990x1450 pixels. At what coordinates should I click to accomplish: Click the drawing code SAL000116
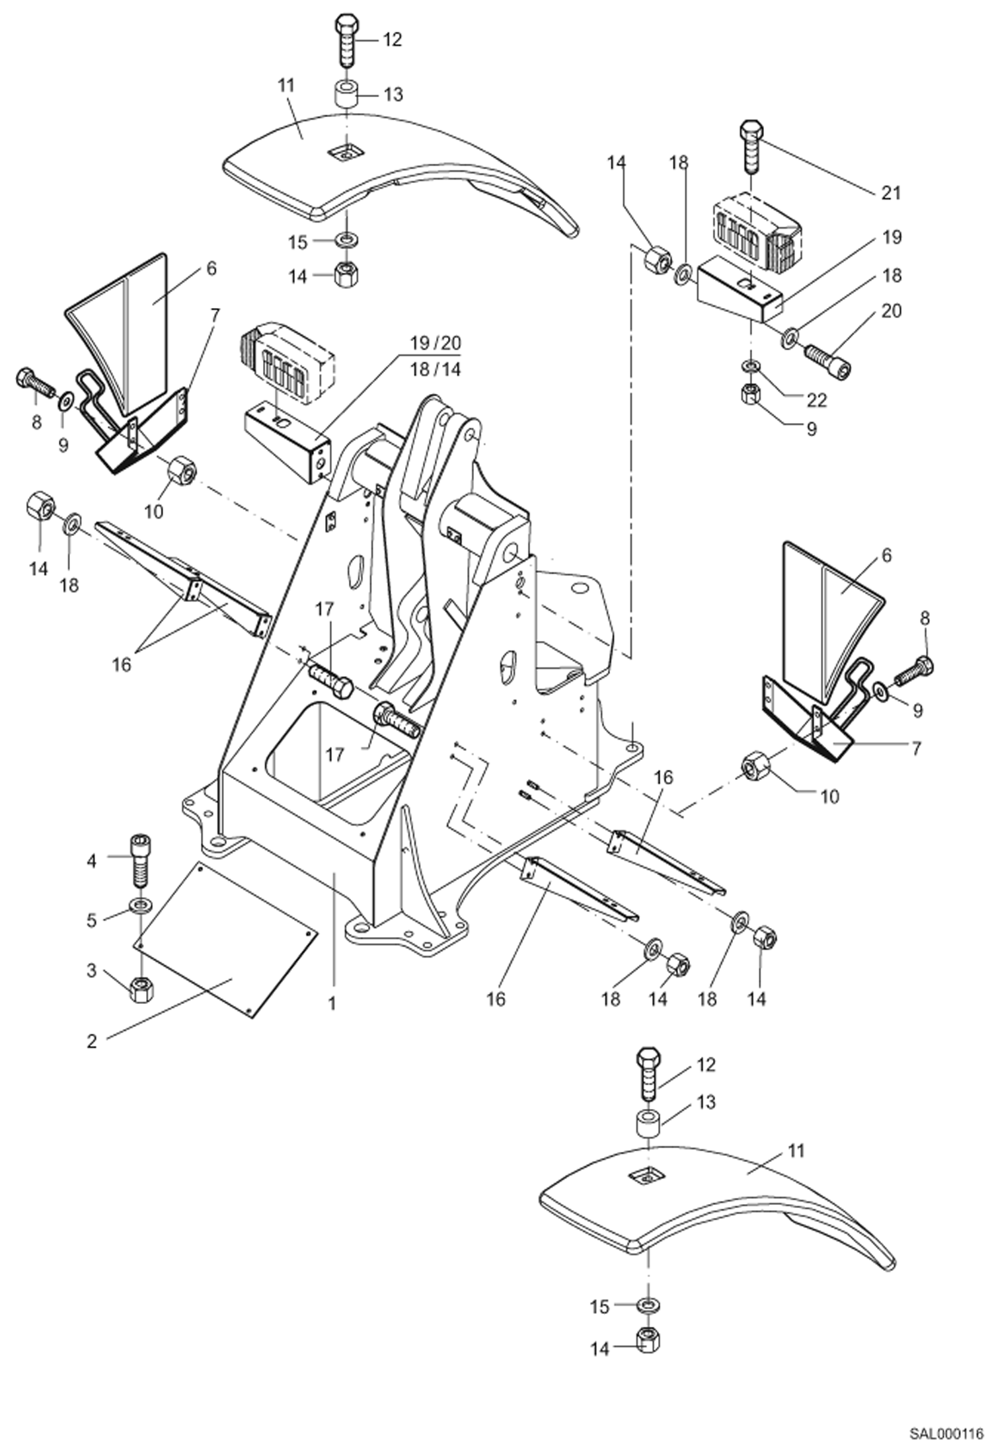pos(946,1433)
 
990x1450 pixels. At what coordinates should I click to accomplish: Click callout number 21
pos(891,192)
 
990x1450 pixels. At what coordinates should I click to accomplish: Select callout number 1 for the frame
pos(332,1003)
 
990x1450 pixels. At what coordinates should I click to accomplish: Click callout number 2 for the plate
pos(92,1041)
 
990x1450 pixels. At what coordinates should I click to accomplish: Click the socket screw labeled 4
pos(139,859)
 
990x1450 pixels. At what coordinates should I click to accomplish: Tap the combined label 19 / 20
pos(435,343)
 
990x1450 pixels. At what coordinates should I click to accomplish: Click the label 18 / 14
pos(435,369)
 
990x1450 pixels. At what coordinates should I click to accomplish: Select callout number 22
pos(817,400)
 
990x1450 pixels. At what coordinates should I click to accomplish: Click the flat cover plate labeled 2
pos(225,938)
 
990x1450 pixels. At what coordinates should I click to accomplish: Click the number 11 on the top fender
pos(286,85)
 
